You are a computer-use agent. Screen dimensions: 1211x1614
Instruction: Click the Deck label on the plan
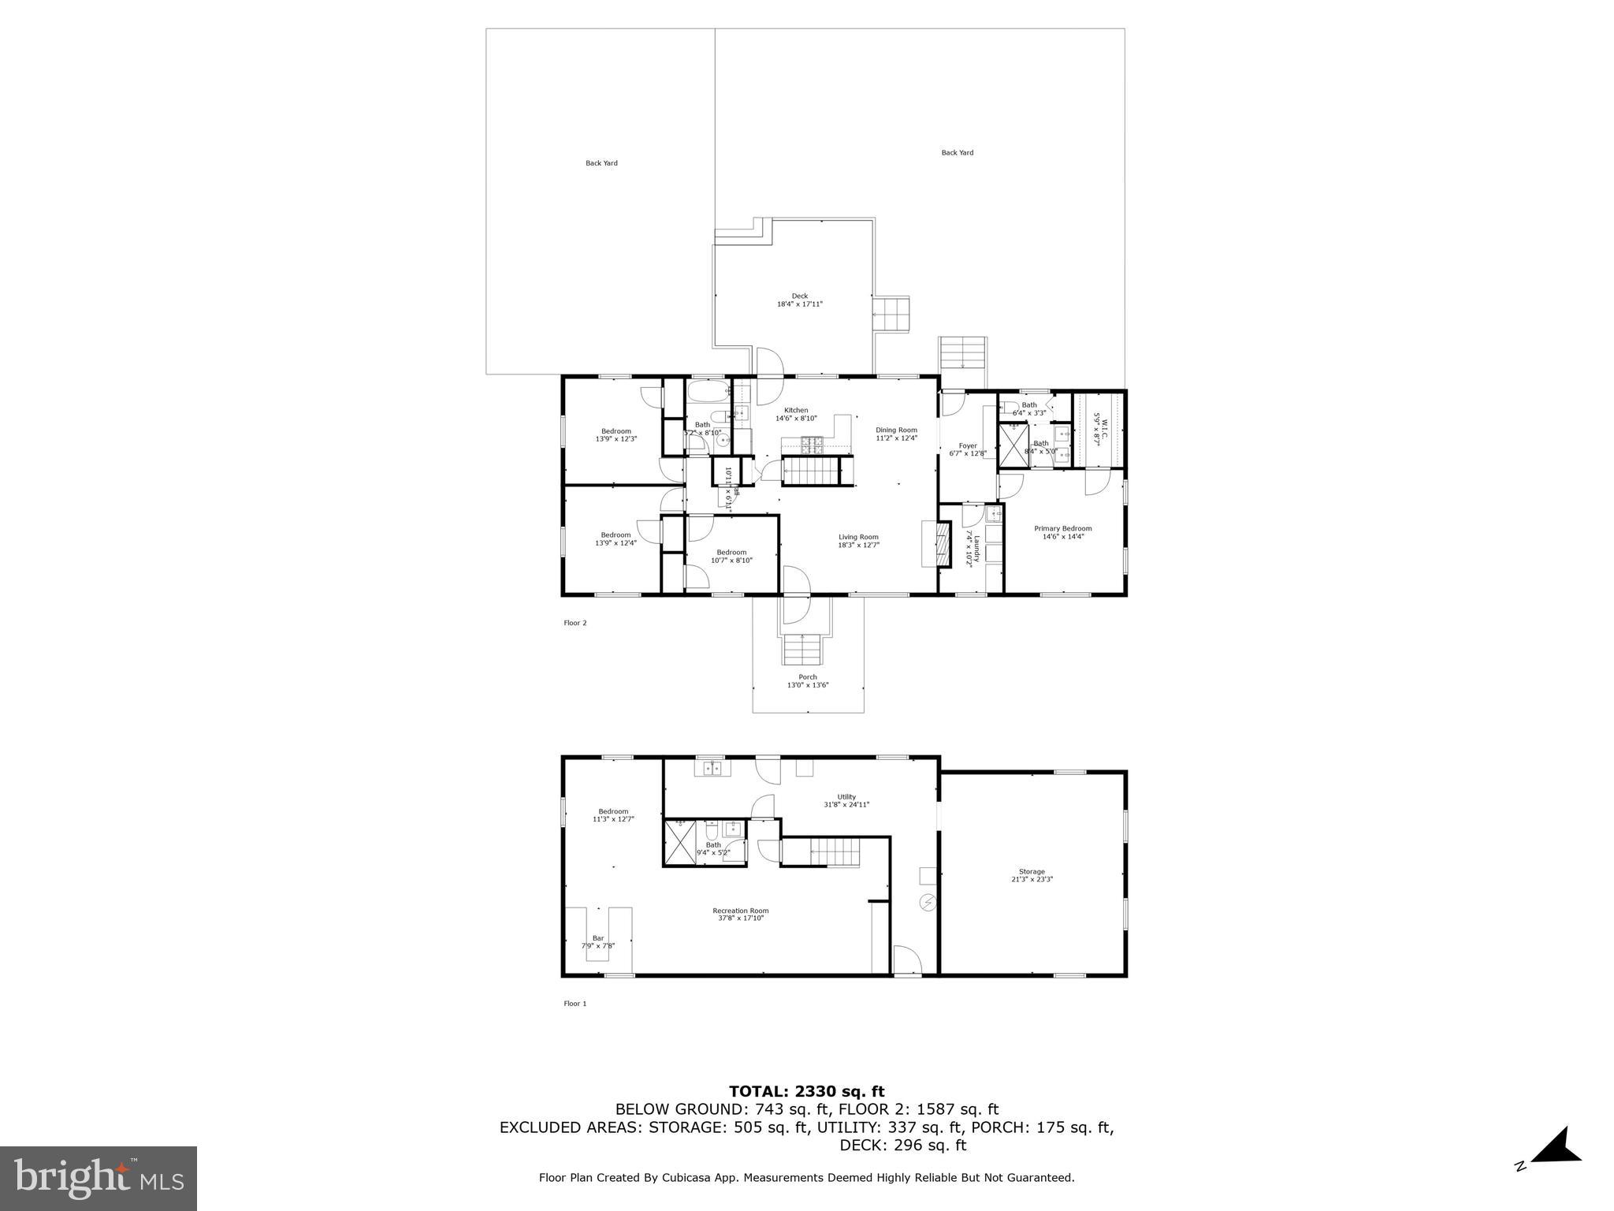point(799,296)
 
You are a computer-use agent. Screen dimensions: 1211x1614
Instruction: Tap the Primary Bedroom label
point(1062,528)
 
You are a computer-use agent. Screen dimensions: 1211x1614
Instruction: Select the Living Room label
point(857,537)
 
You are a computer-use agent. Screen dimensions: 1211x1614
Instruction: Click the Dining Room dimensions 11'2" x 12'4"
point(896,438)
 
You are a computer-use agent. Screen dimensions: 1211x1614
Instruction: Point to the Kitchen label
point(795,410)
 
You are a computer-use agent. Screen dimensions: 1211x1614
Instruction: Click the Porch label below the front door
point(807,676)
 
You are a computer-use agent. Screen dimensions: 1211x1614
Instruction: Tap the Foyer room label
point(967,445)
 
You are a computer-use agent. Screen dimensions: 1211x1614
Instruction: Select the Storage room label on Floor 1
point(1031,872)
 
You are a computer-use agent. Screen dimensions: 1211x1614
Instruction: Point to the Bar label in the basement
point(597,937)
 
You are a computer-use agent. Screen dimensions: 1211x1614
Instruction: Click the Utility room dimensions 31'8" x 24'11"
point(846,805)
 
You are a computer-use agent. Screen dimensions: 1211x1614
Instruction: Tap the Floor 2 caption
point(575,623)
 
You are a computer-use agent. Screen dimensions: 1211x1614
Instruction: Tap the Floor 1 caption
point(575,1004)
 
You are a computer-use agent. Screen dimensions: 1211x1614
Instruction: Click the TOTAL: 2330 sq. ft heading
point(806,1091)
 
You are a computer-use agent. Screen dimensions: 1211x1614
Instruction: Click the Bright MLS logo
point(99,1178)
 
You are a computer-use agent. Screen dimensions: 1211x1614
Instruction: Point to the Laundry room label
point(976,548)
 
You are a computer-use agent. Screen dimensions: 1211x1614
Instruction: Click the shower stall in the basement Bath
point(679,843)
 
